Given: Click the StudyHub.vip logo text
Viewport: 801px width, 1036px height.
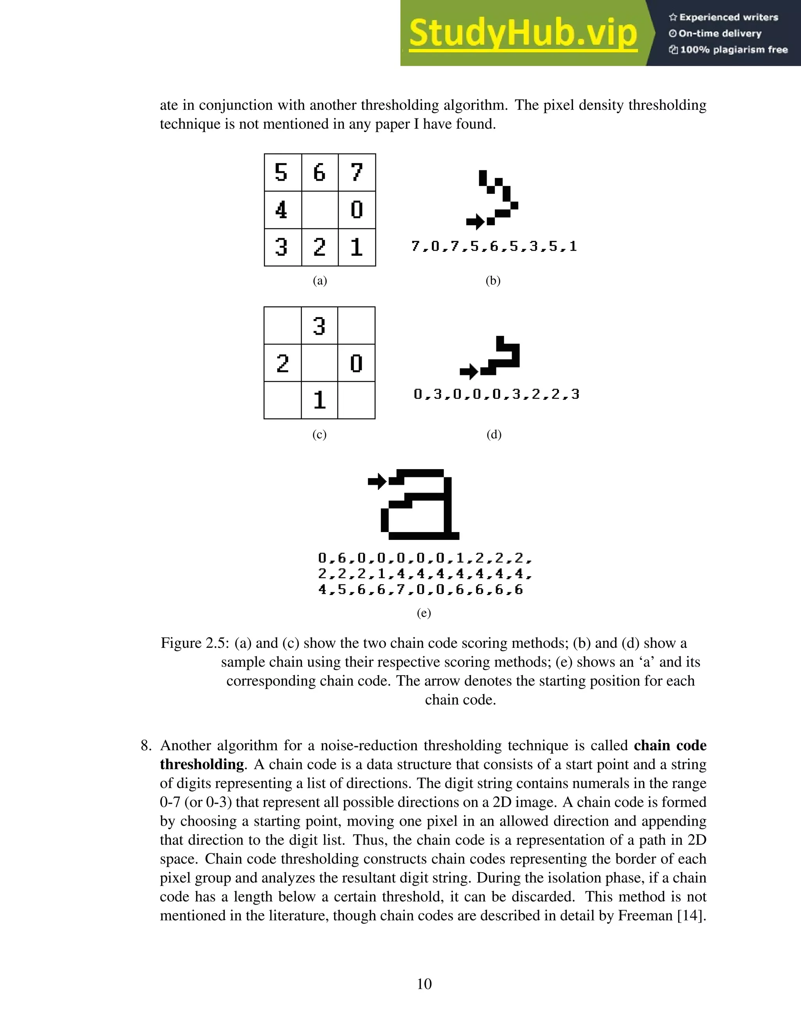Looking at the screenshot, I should (523, 33).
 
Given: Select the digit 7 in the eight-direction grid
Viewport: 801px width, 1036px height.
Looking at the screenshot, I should (357, 172).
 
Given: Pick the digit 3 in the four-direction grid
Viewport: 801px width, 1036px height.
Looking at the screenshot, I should (320, 326).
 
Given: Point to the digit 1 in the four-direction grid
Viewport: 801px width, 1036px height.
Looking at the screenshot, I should (320, 400).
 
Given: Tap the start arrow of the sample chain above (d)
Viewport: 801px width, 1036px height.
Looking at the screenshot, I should (469, 371).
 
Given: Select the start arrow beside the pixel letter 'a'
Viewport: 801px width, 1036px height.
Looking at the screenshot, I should (377, 482).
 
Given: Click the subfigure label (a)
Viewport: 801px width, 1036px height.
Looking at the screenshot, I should (320, 281).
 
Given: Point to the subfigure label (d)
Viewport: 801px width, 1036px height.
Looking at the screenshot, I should (494, 434).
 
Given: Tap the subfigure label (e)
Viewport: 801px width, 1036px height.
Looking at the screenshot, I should (424, 613).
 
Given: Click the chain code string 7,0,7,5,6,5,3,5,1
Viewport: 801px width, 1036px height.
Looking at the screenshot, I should (494, 247).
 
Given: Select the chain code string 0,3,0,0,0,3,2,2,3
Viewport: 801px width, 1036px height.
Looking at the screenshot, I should (496, 394).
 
